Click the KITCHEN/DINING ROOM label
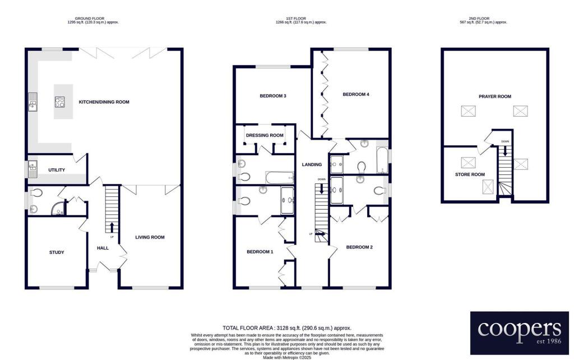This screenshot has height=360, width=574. click(x=104, y=102)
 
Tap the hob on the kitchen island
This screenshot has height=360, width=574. click(x=59, y=101)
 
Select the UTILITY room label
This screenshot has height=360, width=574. click(x=57, y=170)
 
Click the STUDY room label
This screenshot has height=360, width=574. click(x=57, y=252)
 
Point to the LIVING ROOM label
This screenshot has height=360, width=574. click(x=150, y=237)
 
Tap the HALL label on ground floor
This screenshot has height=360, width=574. click(x=103, y=248)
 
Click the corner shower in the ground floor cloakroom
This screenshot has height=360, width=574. click(x=58, y=210)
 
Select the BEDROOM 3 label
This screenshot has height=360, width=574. click(x=273, y=96)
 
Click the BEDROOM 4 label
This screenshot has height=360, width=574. click(x=355, y=94)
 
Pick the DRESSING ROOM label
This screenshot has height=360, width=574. click(x=265, y=136)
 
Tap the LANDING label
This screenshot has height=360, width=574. click(x=312, y=164)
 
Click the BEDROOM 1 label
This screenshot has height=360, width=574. click(x=260, y=252)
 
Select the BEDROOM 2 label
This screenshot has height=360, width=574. click(x=359, y=247)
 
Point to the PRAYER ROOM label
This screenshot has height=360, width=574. click(x=494, y=96)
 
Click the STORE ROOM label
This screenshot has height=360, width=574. click(x=470, y=174)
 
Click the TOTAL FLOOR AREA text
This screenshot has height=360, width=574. click(x=286, y=327)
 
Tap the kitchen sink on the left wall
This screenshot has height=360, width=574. click(x=32, y=102)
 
